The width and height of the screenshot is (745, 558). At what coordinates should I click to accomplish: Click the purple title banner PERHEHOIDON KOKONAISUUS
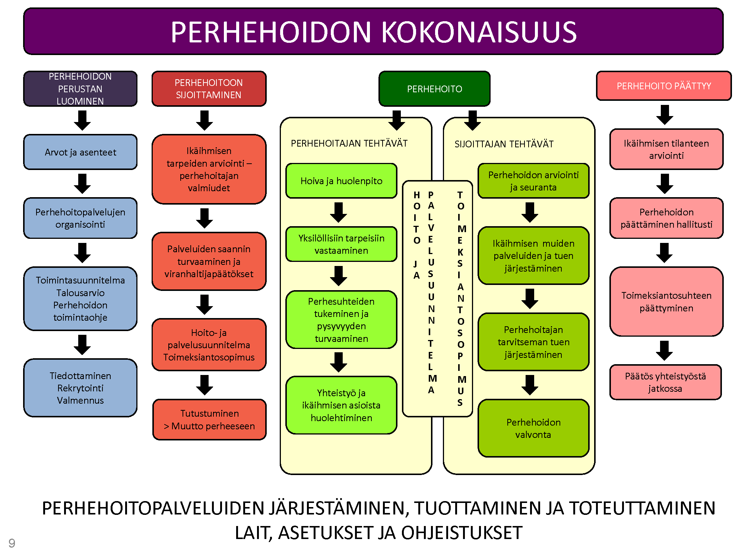(373, 32)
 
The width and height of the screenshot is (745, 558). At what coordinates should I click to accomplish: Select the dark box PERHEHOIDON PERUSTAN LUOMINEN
(80, 89)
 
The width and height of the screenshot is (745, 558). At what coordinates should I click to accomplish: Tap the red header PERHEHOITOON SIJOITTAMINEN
(209, 89)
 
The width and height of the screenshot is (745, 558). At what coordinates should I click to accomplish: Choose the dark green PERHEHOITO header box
(434, 89)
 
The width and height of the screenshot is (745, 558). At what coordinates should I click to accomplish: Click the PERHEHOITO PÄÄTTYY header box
(664, 86)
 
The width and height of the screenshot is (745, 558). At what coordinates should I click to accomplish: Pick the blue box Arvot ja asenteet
(80, 152)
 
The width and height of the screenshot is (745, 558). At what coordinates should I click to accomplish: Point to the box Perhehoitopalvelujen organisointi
(80, 218)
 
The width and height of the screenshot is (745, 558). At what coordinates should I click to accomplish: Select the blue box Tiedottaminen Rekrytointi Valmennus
(80, 388)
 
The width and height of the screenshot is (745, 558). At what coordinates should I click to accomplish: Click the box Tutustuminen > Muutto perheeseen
(209, 420)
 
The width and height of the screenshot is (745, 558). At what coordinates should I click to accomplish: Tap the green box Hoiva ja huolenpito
(341, 181)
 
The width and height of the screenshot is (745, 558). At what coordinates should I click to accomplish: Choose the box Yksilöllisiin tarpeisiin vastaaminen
(341, 244)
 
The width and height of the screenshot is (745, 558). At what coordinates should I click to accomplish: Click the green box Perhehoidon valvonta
(533, 428)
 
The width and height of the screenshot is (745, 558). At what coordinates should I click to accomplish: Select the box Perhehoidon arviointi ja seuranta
(533, 181)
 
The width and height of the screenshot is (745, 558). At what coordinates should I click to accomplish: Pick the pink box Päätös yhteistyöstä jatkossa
(666, 382)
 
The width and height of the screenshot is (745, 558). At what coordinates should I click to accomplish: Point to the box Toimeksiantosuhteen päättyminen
(666, 302)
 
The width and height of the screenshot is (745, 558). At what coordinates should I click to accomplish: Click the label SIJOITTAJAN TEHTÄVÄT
(504, 144)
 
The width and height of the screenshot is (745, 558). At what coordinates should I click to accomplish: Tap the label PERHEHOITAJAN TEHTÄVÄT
(349, 143)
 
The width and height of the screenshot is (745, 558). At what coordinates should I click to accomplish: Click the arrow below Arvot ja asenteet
(82, 184)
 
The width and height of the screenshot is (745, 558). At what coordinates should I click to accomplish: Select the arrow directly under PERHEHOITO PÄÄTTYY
(665, 115)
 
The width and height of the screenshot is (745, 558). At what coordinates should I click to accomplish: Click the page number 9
(12, 543)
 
